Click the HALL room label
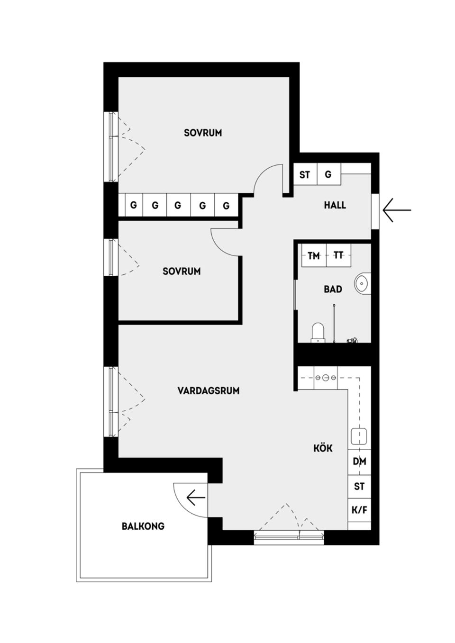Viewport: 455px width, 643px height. [335, 205]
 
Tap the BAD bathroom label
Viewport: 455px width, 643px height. [333, 289]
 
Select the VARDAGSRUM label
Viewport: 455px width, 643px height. [209, 391]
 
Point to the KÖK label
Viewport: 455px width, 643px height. [323, 448]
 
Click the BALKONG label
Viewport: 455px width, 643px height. [143, 526]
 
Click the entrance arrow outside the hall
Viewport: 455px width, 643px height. [396, 210]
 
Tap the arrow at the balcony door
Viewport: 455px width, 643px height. [195, 498]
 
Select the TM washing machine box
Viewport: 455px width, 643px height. [314, 256]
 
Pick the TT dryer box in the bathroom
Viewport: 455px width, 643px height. [338, 256]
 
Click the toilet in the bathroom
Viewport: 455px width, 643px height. [318, 332]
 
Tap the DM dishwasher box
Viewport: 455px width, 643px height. [359, 462]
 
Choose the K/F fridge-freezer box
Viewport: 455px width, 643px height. [359, 511]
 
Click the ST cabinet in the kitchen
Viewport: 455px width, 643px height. [359, 487]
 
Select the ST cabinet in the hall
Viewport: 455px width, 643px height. [305, 175]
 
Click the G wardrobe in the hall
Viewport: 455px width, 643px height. [328, 175]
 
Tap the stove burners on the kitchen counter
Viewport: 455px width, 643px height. [326, 378]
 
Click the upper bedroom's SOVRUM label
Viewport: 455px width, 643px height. [203, 133]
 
